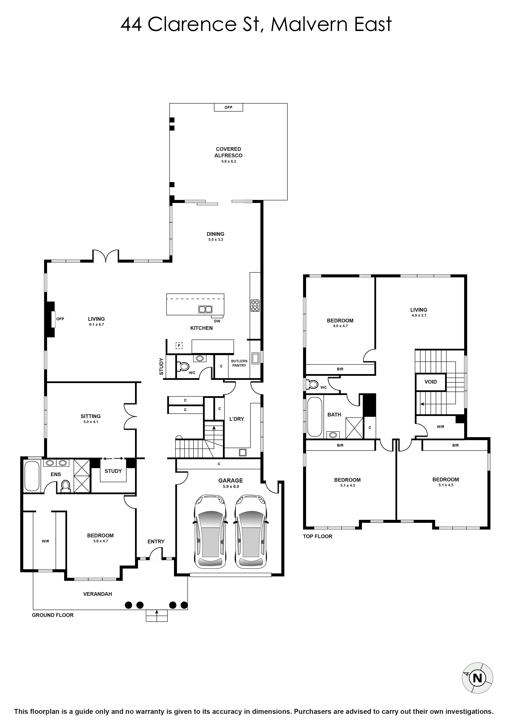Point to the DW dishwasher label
[x=217, y=321]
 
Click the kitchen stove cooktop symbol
[x=255, y=306]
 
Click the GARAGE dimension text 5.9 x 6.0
[x=231, y=487]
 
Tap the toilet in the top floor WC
[x=313, y=384]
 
